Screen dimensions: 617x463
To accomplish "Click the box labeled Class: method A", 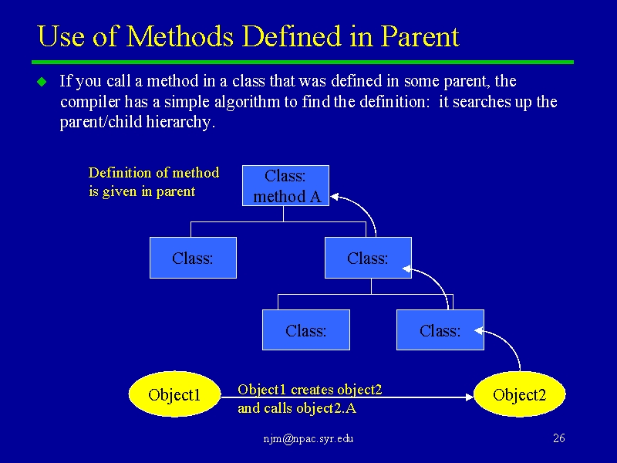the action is pos(285,186).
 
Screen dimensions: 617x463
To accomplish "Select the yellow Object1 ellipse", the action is pos(174,394).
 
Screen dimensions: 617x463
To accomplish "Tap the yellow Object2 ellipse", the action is pos(519,394).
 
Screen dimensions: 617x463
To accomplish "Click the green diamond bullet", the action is pos(42,82).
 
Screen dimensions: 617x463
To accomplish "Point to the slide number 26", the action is pos(558,438).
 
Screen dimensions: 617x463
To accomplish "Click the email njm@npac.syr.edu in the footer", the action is pos(308,438).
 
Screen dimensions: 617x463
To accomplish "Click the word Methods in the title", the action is pos(180,36).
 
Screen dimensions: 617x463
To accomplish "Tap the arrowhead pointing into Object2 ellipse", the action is pos(470,397).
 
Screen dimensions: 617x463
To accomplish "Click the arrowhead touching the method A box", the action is pos(335,197).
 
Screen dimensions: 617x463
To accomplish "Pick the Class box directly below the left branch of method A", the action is pos(194,258).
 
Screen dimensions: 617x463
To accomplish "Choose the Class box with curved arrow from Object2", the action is pos(440,330).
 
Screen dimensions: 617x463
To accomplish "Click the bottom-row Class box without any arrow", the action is pos(306,330).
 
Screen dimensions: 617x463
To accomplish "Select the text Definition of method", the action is pos(153,172).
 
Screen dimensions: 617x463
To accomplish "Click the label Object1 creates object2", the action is pos(310,390).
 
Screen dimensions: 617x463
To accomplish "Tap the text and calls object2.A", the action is pos(297,408).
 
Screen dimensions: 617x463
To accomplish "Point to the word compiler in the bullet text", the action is pos(90,102).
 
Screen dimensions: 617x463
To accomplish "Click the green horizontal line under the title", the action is pos(302,63).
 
